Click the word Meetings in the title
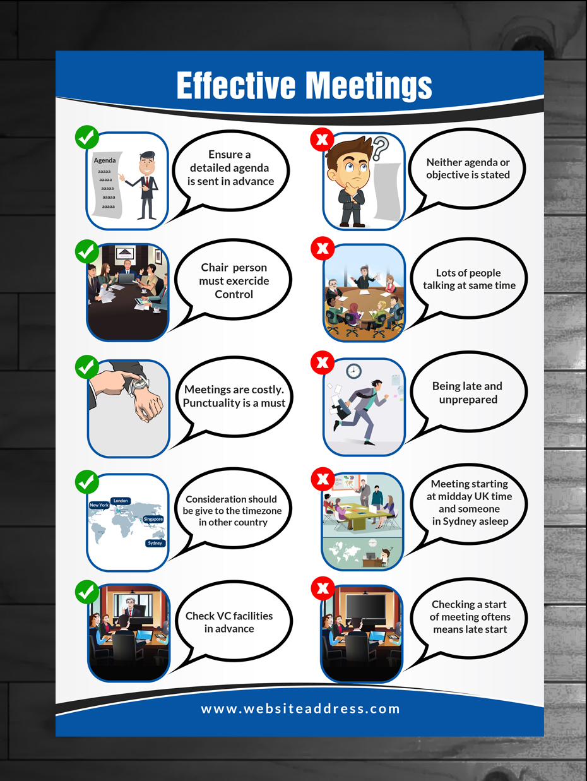coord(369,85)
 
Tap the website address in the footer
coord(300,708)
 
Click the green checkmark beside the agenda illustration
coord(86,137)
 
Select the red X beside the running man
coord(323,362)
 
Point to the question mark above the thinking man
coord(380,148)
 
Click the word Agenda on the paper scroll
coord(105,160)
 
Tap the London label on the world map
coord(121,501)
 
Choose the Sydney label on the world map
coord(155,543)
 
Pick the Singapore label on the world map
coord(153,519)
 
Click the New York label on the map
coord(99,505)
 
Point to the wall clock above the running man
coord(353,371)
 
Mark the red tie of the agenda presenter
coord(146,182)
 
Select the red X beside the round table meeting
coord(323,248)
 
